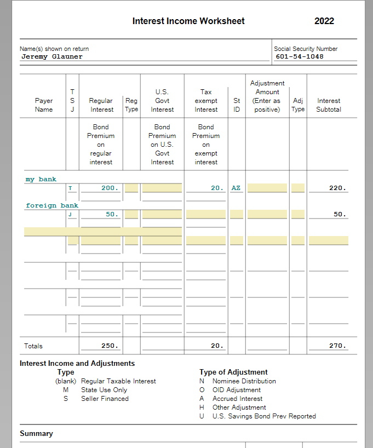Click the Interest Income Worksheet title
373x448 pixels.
(x=188, y=21)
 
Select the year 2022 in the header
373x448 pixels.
(x=324, y=21)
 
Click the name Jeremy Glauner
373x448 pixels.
(x=52, y=56)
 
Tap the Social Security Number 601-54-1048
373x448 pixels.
(x=300, y=56)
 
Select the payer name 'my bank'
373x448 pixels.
(x=41, y=179)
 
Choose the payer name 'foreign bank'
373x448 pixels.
(x=52, y=205)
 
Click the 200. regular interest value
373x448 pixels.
(x=110, y=188)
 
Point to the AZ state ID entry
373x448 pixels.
(x=236, y=188)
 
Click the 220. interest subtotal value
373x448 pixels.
(x=337, y=188)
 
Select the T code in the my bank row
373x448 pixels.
(x=70, y=188)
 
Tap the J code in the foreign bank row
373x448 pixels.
(x=70, y=214)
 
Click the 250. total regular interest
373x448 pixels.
(x=110, y=346)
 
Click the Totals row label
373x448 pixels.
(x=33, y=346)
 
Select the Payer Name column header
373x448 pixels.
(x=44, y=105)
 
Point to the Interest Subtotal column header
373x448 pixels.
(x=329, y=105)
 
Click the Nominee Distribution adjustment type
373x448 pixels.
(x=244, y=381)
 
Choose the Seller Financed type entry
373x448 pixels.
(x=105, y=399)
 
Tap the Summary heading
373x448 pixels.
(x=36, y=434)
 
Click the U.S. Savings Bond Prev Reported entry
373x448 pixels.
(x=264, y=416)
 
